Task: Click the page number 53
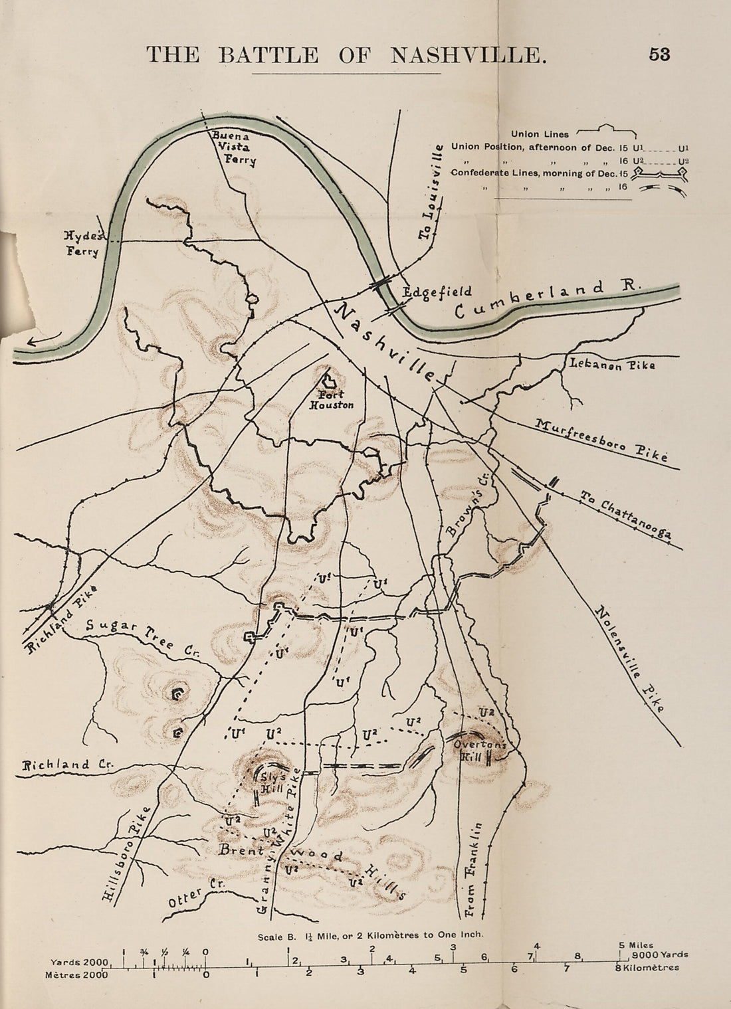coord(659,54)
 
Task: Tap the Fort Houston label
coord(332,399)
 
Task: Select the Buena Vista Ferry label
coord(233,147)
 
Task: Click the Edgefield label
coord(437,292)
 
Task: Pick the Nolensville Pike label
coord(629,658)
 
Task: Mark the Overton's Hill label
coord(480,751)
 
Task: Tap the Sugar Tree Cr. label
coord(142,636)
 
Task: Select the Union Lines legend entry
coord(540,134)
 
